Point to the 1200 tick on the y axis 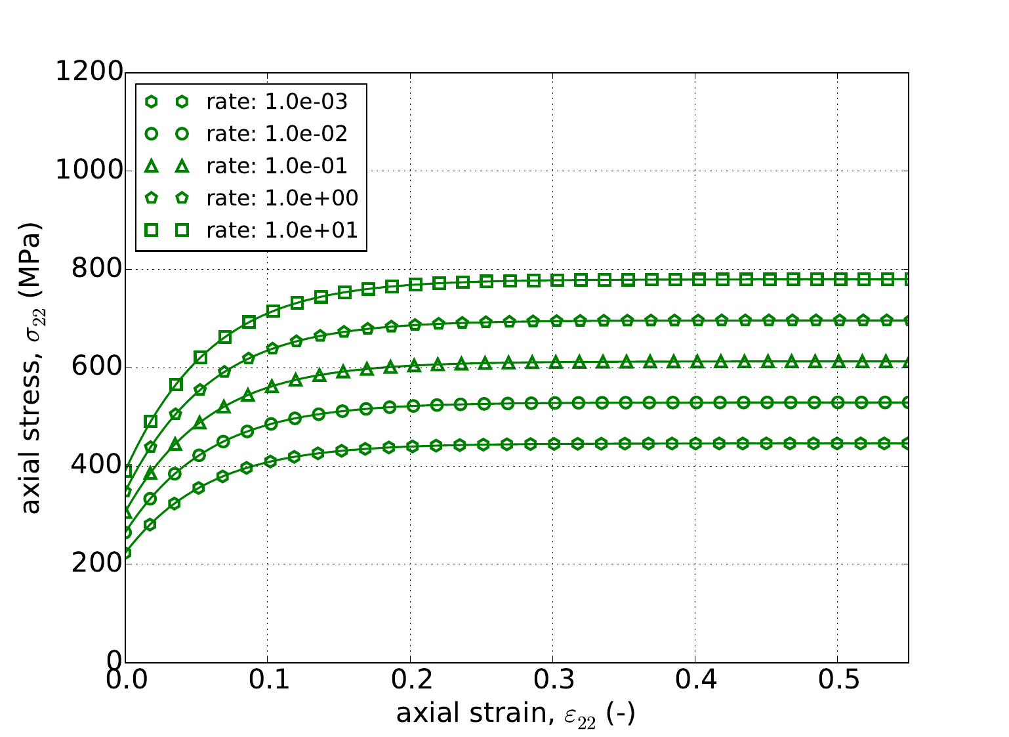89,72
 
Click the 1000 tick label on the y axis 89,171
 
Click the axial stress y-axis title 31,368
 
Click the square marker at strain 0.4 699,279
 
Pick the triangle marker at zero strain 126,512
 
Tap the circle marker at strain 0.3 555,402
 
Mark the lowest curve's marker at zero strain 126,553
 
